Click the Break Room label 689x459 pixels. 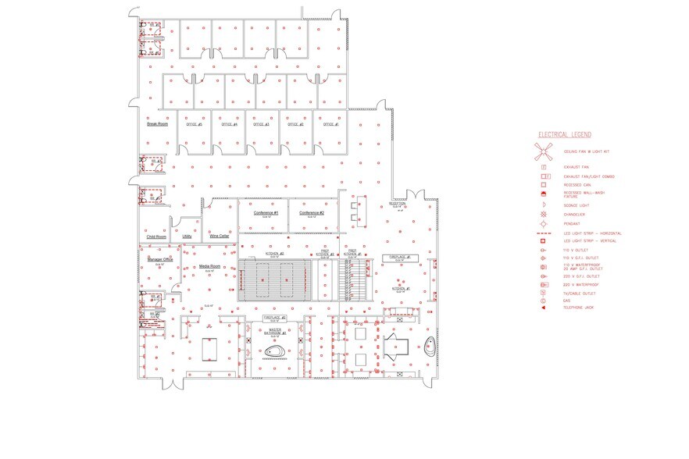pos(158,123)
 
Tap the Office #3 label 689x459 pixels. pos(262,124)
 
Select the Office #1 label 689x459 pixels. pos(330,124)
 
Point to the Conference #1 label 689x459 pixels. pos(266,212)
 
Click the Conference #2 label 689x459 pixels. pos(311,212)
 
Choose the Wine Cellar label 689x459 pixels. pos(220,236)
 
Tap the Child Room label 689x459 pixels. pos(156,237)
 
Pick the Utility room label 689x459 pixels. pos(187,236)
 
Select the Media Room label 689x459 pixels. pos(210,266)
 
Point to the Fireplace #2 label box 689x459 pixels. pos(275,318)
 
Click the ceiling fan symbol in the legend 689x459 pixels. pos(544,151)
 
